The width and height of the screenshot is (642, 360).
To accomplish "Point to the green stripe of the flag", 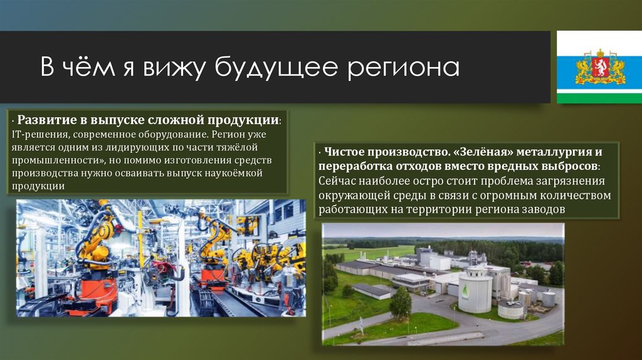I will point(600,97).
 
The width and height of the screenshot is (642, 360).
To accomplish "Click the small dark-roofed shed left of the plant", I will point(372,291).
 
